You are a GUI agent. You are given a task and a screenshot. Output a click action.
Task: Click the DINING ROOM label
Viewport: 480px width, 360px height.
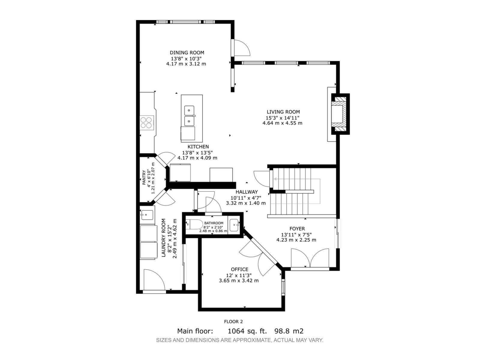coord(187,53)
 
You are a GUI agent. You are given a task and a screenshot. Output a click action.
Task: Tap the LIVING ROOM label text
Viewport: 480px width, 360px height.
coord(283,112)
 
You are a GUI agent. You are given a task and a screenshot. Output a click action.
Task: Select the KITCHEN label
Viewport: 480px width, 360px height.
coord(198,147)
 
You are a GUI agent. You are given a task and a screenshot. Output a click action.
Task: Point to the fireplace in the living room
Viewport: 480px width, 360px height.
coord(340,114)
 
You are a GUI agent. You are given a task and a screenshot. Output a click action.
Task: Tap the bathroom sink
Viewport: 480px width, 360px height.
coord(234,224)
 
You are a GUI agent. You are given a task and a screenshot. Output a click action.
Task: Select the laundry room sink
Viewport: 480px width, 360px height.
coord(147,215)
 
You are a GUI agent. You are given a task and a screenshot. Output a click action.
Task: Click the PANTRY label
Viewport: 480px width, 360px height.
coord(144,178)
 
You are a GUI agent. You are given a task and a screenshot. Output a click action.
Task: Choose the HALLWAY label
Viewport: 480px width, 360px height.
coord(247,192)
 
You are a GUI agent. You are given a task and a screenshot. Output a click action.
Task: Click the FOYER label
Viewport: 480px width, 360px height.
coord(297,229)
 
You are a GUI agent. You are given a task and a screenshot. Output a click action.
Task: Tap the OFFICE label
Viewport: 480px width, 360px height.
coord(240,269)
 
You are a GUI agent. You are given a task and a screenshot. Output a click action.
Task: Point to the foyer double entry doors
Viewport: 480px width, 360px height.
coord(310,258)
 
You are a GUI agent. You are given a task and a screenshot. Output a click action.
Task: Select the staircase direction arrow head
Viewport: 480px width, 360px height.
coord(275,179)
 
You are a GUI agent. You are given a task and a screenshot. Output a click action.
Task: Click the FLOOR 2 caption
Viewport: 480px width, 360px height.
coord(233,322)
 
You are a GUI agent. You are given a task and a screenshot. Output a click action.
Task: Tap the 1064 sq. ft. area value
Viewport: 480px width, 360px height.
coord(247,331)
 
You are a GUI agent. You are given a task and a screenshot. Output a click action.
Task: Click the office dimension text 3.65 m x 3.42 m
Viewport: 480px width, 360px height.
coord(238,280)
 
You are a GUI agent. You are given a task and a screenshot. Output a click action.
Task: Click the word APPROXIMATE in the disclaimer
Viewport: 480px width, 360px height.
coord(250,340)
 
